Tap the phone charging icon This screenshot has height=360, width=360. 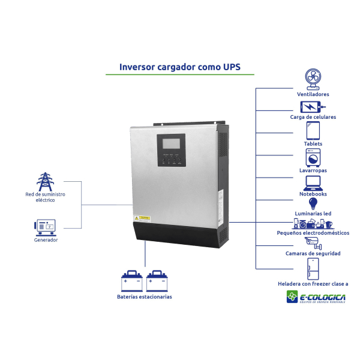point(312,106)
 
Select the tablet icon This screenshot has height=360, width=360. point(313,130)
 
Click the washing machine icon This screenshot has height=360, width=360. point(313,157)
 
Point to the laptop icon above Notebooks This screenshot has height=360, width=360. point(313,182)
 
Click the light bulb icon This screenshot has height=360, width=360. point(313,204)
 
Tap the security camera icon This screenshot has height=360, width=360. point(313,242)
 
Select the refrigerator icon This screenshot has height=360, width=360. point(313,268)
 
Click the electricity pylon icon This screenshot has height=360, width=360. point(45,182)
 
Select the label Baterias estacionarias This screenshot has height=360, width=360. point(144,297)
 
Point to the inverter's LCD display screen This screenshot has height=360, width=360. point(171,144)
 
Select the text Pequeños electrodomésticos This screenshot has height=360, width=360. point(313,232)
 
